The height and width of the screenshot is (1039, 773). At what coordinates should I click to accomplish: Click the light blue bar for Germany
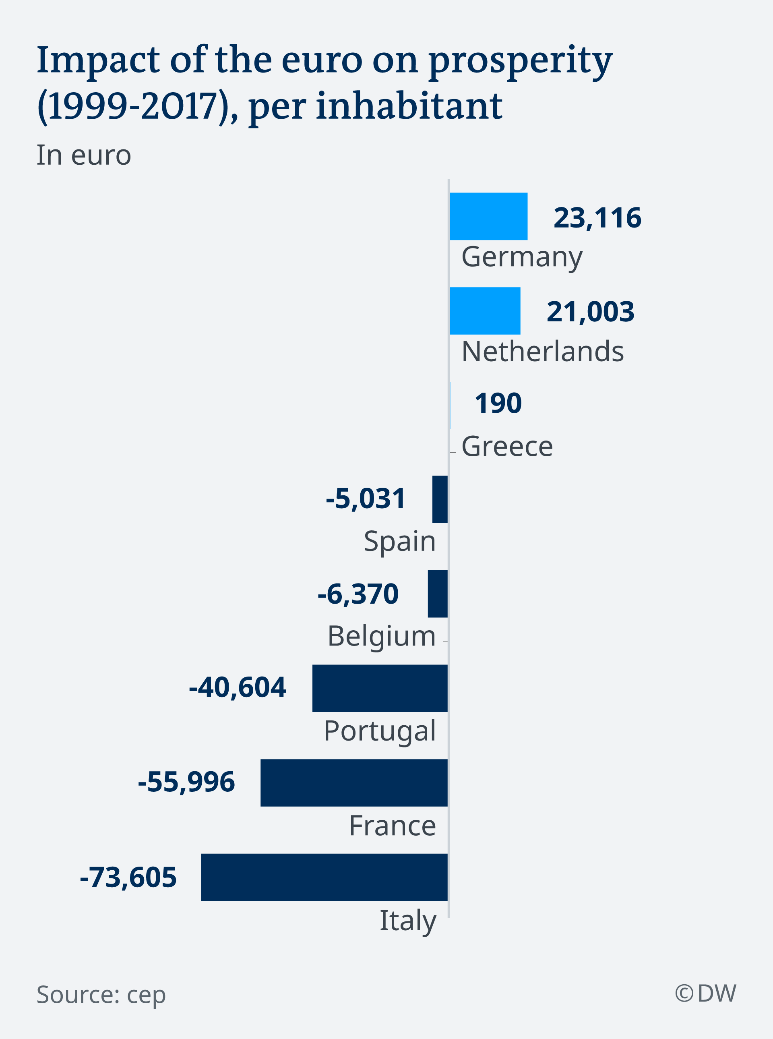(x=488, y=216)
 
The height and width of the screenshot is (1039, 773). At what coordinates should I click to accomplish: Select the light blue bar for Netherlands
(x=485, y=311)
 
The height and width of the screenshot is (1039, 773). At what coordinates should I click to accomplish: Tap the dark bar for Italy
(x=324, y=877)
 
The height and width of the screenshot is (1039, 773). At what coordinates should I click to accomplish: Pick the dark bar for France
(x=354, y=782)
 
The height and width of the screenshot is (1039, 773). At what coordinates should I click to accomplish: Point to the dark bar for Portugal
(x=380, y=688)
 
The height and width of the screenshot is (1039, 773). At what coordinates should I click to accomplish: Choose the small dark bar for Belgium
(x=438, y=594)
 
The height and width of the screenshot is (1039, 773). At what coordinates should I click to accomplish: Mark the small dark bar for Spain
(x=440, y=499)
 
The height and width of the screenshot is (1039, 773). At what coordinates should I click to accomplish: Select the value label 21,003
(x=590, y=312)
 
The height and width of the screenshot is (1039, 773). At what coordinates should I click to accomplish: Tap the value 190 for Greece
(x=498, y=404)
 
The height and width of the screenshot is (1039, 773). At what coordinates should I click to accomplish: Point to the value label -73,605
(x=128, y=877)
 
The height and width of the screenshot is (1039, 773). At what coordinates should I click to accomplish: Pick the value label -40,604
(x=237, y=687)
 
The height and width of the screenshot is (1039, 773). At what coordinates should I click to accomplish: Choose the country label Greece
(x=507, y=446)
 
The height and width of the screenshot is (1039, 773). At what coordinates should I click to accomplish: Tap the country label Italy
(x=407, y=921)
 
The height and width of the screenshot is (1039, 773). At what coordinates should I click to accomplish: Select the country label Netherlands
(x=542, y=352)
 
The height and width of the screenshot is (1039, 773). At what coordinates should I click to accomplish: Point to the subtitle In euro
(x=84, y=155)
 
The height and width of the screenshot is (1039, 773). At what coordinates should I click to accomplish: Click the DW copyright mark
(x=705, y=993)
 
